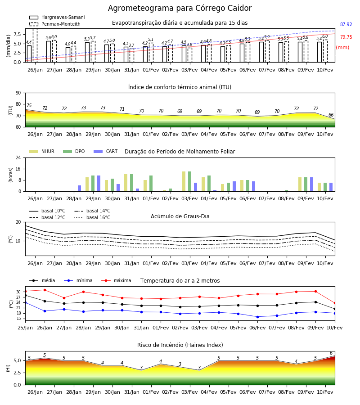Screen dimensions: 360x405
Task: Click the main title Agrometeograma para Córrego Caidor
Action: pos(180,8)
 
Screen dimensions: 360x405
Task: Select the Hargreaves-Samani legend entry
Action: pos(57,17)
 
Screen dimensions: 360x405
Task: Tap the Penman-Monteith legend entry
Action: pos(55,24)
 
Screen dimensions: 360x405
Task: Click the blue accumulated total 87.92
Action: pos(346,25)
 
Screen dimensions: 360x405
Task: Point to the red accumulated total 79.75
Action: pos(346,37)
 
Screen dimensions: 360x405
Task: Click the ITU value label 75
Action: pos(29,105)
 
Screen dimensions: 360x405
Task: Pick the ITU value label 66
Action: pos(331,115)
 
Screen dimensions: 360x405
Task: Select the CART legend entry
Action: pos(105,151)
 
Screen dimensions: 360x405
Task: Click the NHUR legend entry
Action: pos(41,151)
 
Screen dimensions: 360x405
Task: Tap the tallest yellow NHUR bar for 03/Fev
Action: pos(184,181)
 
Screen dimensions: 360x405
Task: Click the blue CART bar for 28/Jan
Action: pos(79,188)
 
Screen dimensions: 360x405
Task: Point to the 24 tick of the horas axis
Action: pos(18,157)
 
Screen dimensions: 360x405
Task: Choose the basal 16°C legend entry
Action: pos(92,217)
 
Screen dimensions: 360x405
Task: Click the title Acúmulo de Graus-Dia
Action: pos(180,216)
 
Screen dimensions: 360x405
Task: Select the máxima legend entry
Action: pos(116,280)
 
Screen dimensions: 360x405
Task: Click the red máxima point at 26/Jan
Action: pos(45,290)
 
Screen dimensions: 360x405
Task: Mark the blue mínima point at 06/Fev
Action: pos(257,317)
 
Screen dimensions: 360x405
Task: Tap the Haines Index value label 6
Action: pos(331,353)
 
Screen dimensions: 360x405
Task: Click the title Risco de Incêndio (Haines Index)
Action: pos(180,345)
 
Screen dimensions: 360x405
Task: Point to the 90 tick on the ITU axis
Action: pos(18,93)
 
